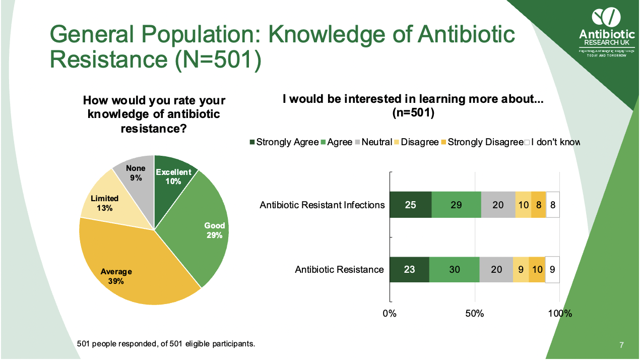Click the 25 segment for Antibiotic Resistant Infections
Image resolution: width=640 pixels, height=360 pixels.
410,205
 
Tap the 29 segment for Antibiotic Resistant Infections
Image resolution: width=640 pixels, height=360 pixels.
456,205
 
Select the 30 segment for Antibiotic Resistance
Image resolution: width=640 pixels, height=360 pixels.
454,269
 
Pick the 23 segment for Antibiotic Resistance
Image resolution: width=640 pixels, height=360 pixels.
409,269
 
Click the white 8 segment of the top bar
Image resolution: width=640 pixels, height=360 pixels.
553,205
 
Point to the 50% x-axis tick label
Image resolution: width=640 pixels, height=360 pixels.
475,313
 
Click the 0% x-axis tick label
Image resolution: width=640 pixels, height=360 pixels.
390,313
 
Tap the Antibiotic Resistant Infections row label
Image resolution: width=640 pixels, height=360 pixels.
322,205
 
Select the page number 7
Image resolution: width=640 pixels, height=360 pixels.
621,345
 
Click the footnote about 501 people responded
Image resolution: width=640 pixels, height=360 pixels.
166,344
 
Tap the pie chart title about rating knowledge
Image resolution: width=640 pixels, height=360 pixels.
154,114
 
